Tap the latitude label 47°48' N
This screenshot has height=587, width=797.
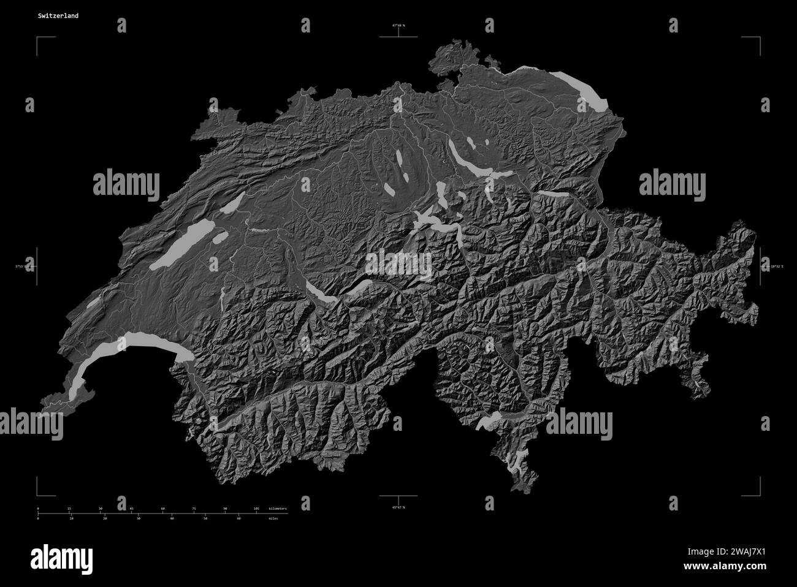399,26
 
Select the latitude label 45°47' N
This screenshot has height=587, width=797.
399,507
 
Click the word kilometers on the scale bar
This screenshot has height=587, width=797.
277,509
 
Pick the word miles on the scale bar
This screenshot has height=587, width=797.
273,518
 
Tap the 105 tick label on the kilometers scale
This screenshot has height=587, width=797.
256,509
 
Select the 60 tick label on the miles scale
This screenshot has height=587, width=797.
238,518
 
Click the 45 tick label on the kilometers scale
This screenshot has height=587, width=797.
131,509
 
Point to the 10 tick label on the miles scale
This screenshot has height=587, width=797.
72,518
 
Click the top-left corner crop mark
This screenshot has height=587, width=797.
38,38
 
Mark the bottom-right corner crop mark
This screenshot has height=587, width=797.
759,494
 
